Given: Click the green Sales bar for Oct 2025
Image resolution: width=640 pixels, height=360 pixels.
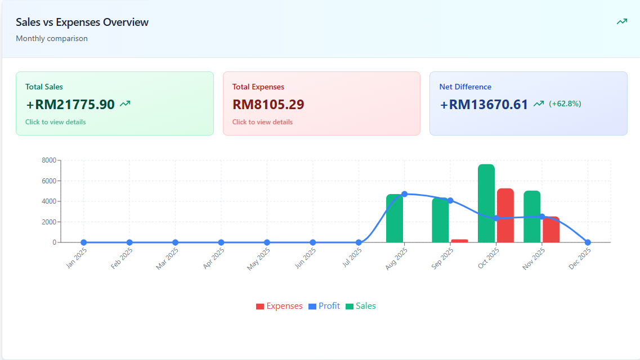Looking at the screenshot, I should [x=486, y=203].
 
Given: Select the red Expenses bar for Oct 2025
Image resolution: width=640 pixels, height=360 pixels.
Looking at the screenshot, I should [x=505, y=215].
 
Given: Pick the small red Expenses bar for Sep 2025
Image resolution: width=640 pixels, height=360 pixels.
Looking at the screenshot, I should [x=459, y=241].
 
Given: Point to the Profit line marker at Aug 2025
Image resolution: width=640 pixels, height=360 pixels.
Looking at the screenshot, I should [x=405, y=194].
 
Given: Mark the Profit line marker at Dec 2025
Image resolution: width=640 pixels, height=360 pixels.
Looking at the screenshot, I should [x=588, y=242].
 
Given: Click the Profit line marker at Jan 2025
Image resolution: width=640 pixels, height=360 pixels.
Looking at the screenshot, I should [x=84, y=242].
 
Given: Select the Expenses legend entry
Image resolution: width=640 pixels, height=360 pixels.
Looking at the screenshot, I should [x=279, y=306].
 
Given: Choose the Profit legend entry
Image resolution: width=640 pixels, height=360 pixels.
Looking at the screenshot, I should [x=324, y=306].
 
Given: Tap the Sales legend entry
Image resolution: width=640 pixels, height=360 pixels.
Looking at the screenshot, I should [x=361, y=306].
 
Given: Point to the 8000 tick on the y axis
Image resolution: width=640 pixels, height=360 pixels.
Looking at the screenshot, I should [x=49, y=160].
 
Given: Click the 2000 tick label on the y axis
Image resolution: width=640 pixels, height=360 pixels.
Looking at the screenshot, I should [x=49, y=222].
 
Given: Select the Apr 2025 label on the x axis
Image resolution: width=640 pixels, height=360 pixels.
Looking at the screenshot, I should [x=213, y=259].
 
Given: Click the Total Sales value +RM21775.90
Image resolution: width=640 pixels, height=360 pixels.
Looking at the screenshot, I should [x=70, y=105].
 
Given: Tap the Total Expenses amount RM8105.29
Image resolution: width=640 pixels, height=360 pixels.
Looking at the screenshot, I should [x=268, y=105].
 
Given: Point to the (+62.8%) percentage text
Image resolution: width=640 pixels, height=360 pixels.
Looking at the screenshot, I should [x=565, y=104].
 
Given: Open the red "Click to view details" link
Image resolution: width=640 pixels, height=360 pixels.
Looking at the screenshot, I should [x=262, y=122].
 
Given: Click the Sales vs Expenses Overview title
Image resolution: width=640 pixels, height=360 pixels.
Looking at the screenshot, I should [x=82, y=22].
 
